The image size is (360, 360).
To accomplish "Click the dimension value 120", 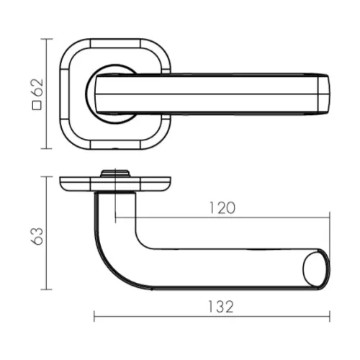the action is (x=222, y=208).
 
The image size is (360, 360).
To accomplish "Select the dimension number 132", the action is (x=220, y=307).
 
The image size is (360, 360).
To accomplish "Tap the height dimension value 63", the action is (x=37, y=236).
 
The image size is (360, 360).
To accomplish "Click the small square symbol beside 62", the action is (x=37, y=106).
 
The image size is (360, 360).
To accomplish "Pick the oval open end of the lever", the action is (x=315, y=269).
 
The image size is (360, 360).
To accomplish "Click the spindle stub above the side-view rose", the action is (x=115, y=174).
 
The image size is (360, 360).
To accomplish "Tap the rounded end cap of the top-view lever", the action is (x=324, y=94).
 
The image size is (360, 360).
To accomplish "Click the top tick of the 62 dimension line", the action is (x=47, y=39).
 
